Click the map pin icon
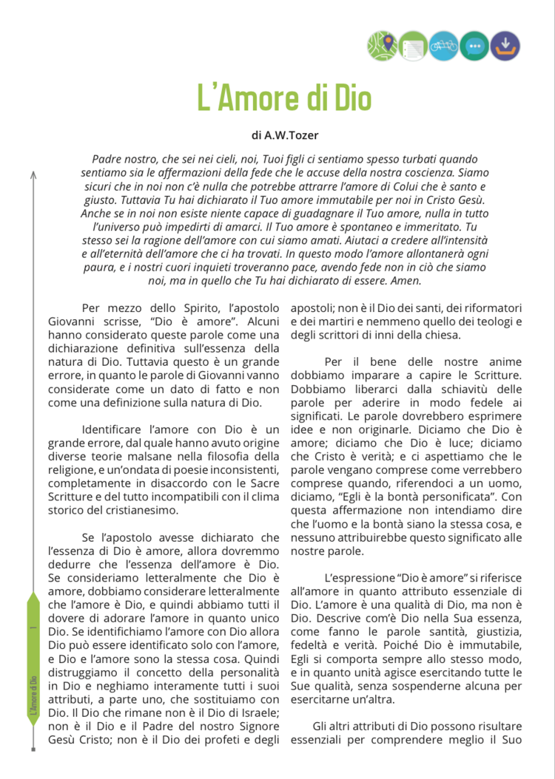382,47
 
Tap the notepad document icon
413,47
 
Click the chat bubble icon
474,47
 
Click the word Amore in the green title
269,98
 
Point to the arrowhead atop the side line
33,174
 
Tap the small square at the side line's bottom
33,749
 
